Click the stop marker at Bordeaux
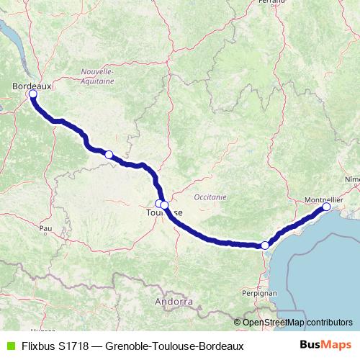[32, 94]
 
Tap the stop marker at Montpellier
[326, 207]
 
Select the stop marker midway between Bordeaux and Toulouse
[109, 154]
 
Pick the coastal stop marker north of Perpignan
[265, 246]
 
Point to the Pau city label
[47, 228]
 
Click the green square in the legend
[10, 346]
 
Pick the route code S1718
[75, 346]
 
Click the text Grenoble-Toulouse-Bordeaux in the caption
[174, 346]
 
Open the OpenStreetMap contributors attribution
[297, 322]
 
